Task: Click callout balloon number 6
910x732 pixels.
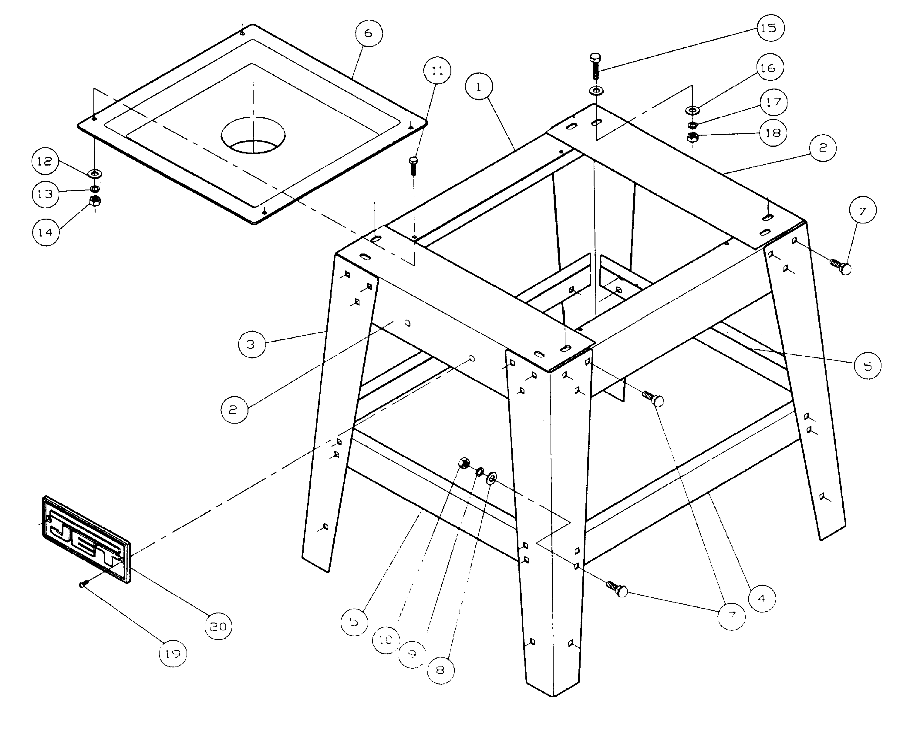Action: coord(369,33)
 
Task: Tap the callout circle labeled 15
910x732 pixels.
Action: coord(770,28)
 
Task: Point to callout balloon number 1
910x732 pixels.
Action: coord(479,87)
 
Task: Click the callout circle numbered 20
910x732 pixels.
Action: coord(218,626)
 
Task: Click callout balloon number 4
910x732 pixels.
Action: coord(761,598)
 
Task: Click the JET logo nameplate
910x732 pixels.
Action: coord(86,540)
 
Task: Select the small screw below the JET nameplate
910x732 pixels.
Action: coord(83,584)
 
